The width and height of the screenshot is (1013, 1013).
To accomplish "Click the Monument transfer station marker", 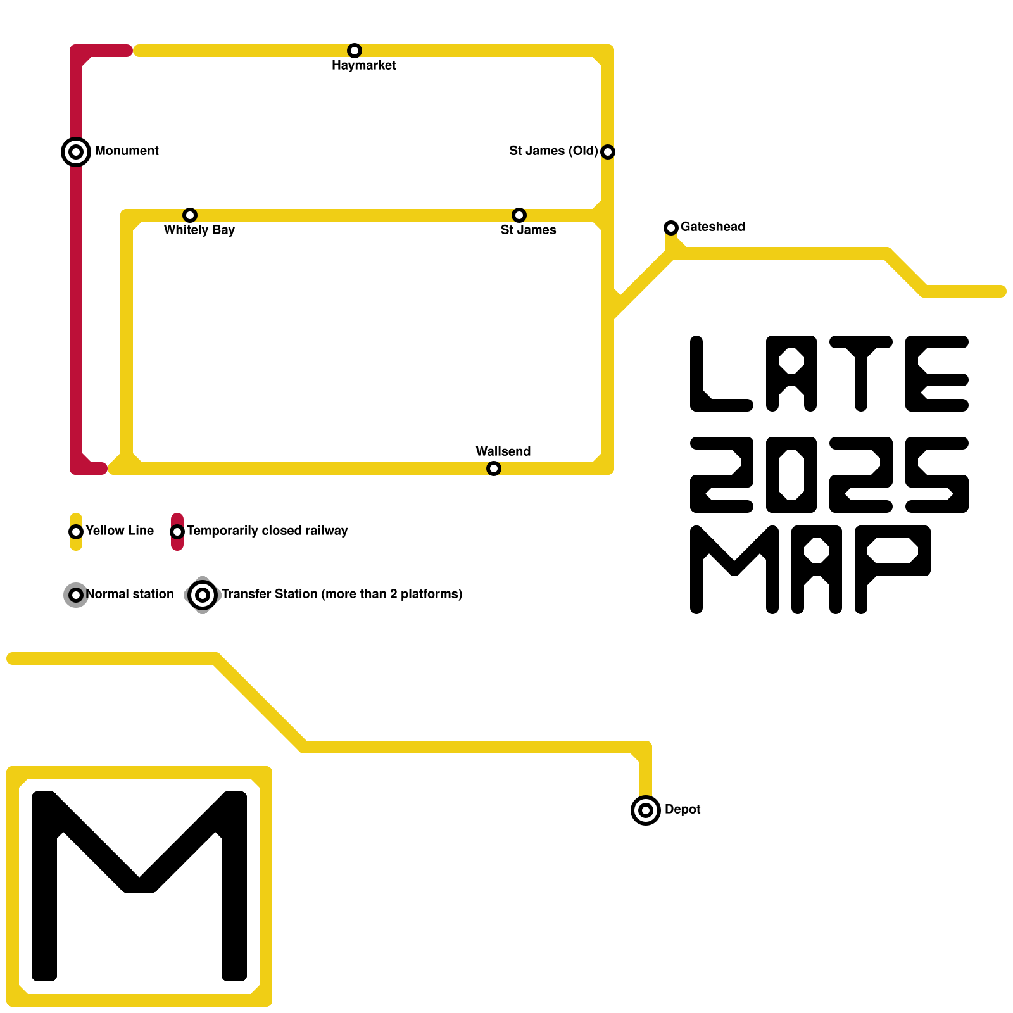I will pyautogui.click(x=76, y=152).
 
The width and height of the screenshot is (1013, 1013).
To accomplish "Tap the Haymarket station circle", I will pyautogui.click(x=355, y=51).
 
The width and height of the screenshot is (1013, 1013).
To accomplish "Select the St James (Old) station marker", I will pyautogui.click(x=608, y=152).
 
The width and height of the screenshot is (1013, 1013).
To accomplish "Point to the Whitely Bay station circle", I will pyautogui.click(x=190, y=215).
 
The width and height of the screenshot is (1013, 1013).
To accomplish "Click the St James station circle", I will pyautogui.click(x=519, y=215).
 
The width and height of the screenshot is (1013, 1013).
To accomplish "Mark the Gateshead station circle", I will pyautogui.click(x=671, y=228).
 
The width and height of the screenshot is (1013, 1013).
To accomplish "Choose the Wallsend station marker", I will pyautogui.click(x=494, y=469).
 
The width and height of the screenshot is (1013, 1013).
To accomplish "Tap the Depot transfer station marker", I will pyautogui.click(x=646, y=810).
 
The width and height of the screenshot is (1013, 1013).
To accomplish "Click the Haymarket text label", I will pyautogui.click(x=364, y=65).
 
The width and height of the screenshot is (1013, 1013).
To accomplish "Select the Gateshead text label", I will pyautogui.click(x=713, y=227).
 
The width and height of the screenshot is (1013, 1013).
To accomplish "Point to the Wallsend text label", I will pyautogui.click(x=503, y=451).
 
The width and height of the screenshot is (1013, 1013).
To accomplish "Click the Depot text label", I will pyautogui.click(x=683, y=809).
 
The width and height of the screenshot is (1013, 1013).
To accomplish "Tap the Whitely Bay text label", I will pyautogui.click(x=199, y=230).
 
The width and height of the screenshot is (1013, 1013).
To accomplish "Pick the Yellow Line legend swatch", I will pyautogui.click(x=76, y=532).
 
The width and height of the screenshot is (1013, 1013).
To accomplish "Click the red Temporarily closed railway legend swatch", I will pyautogui.click(x=177, y=532).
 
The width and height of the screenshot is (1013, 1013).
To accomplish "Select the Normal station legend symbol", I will pyautogui.click(x=76, y=595).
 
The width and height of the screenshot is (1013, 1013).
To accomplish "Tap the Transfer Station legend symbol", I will pyautogui.click(x=203, y=595).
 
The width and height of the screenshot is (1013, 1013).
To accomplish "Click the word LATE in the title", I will pyautogui.click(x=829, y=374).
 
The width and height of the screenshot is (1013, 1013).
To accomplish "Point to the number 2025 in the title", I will pyautogui.click(x=829, y=475).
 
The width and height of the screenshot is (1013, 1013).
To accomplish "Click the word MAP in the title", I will pyautogui.click(x=810, y=570).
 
